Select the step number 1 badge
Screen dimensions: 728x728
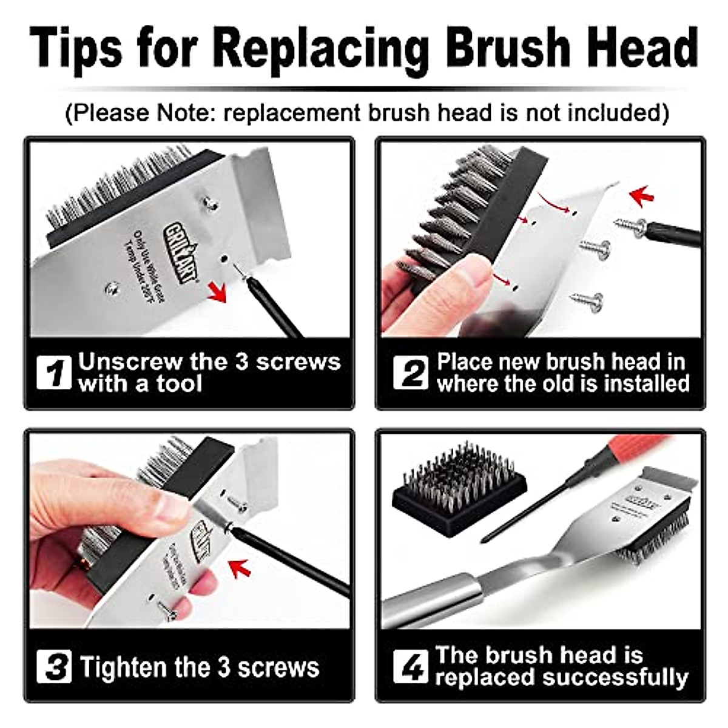coord(54,372)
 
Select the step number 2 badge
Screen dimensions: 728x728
coord(411,372)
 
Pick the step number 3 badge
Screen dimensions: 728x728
coord(54,667)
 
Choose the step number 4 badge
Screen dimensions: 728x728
coord(411,666)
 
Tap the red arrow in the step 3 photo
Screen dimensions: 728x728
coord(241,568)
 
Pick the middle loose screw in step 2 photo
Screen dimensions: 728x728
coord(595,248)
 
